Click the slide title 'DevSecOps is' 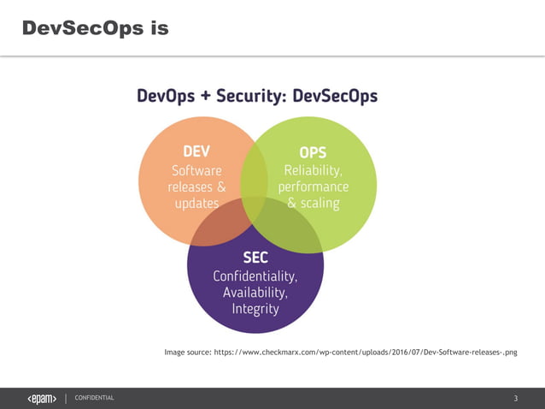click(x=95, y=28)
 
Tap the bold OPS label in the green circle click(x=313, y=151)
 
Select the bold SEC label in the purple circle click(x=255, y=258)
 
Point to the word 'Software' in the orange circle click(x=196, y=169)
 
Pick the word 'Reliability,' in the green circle click(x=313, y=169)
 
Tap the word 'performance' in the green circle click(x=313, y=187)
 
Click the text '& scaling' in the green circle click(x=313, y=204)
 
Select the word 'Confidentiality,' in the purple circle click(x=255, y=276)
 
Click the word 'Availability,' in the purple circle click(x=255, y=293)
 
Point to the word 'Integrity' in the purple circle click(x=255, y=309)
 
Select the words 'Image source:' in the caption click(x=187, y=352)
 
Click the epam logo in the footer click(x=42, y=398)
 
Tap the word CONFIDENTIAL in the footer click(x=94, y=398)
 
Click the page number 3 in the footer click(x=515, y=398)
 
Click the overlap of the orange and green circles click(x=254, y=175)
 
